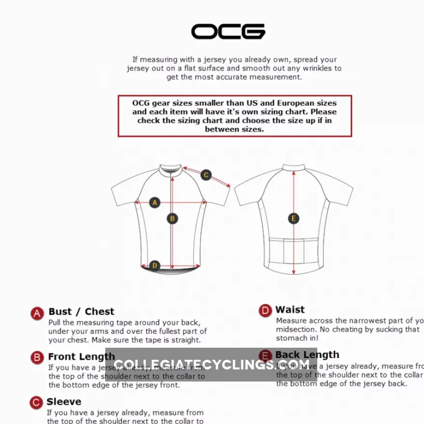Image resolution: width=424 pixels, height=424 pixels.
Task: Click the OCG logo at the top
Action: click(x=228, y=32)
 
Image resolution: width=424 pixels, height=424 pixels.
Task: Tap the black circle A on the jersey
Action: click(x=155, y=203)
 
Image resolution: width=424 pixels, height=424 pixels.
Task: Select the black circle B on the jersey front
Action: click(x=172, y=219)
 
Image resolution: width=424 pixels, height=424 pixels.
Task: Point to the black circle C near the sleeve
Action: click(x=206, y=175)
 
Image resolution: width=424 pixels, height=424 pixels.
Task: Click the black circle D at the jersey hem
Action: click(x=155, y=266)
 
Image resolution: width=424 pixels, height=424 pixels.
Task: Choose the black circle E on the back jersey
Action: click(x=294, y=219)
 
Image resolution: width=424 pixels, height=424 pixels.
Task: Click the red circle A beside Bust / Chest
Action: click(x=38, y=313)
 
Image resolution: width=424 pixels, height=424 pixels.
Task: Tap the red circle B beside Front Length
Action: click(x=38, y=358)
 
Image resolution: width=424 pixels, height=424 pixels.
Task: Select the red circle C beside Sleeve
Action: click(x=36, y=403)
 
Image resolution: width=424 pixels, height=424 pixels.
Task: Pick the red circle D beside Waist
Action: click(x=265, y=311)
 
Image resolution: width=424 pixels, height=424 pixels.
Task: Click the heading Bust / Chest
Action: click(x=81, y=311)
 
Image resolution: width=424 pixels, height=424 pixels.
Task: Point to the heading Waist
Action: click(x=290, y=310)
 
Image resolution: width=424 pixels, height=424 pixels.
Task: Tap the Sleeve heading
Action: click(x=64, y=402)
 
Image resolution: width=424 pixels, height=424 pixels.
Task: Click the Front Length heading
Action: click(x=81, y=357)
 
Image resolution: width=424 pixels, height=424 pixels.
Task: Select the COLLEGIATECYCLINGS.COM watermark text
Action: click(x=212, y=365)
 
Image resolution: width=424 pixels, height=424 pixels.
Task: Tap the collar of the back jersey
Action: click(x=294, y=167)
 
